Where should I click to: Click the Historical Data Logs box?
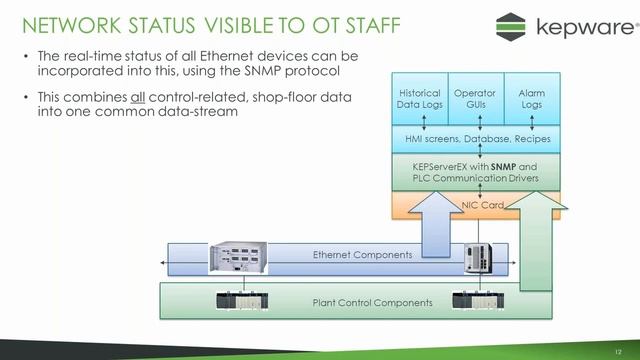(x=419, y=98)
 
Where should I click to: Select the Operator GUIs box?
(x=475, y=98)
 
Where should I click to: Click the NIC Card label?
(x=482, y=204)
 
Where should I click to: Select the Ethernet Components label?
(x=362, y=255)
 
